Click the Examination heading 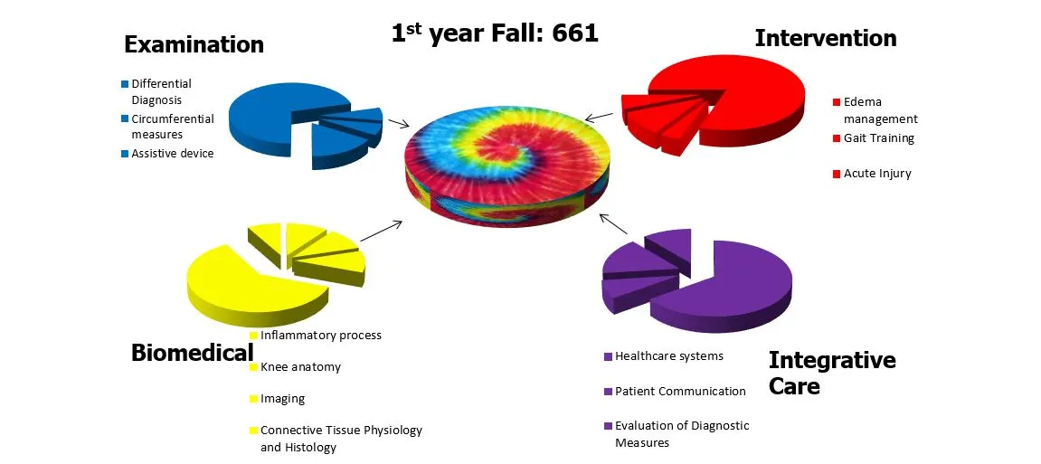[194, 44]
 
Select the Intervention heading [825, 38]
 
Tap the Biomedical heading [192, 353]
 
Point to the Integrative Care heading [831, 373]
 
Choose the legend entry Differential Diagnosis [161, 91]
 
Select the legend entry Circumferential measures [172, 127]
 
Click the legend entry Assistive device [172, 154]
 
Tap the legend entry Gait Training [878, 138]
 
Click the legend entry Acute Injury [877, 174]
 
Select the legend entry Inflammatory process [320, 336]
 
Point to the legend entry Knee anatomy [300, 367]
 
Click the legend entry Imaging [282, 399]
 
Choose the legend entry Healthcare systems [668, 356]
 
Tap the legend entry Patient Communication [680, 392]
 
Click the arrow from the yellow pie [381, 231]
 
